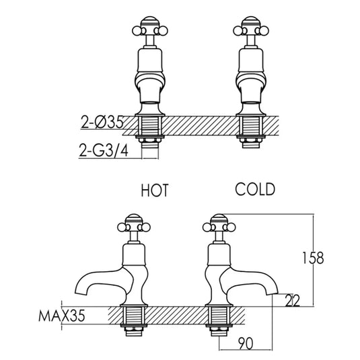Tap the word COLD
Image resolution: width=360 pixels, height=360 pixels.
click(x=255, y=189)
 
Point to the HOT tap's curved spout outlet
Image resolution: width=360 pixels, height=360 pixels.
click(x=79, y=287)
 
